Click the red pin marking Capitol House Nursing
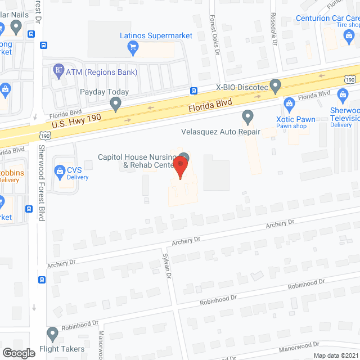180,167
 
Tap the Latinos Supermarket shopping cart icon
133,47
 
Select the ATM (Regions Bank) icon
58,71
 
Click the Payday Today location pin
115,103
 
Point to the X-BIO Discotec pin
275,86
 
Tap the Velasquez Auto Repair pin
247,117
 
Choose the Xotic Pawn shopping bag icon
289,103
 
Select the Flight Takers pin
52,334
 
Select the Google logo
19,353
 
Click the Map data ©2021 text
336,355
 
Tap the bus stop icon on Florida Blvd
193,91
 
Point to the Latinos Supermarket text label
156,35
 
